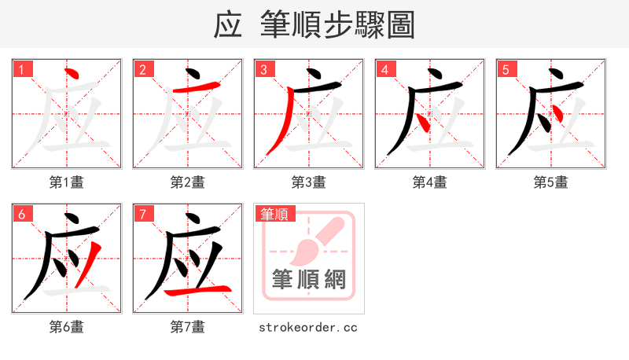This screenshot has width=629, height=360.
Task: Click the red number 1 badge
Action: tap(21, 69)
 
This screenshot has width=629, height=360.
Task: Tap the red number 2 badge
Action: tap(142, 69)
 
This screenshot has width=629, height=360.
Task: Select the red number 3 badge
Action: tap(263, 69)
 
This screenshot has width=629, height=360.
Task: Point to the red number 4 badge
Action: tap(384, 69)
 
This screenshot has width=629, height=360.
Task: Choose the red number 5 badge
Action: tap(506, 69)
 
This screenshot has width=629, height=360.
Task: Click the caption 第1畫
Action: tap(67, 182)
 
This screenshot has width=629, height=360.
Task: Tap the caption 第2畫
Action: tap(188, 182)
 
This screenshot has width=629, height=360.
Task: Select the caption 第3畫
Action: tap(309, 182)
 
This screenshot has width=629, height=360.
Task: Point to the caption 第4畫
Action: tap(430, 182)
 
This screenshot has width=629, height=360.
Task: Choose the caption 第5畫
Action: tap(551, 182)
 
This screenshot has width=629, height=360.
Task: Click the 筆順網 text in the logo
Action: tap(308, 279)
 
